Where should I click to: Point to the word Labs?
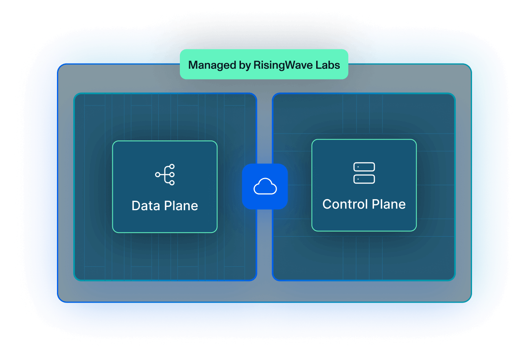tap(327, 65)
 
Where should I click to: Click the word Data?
tap(145, 206)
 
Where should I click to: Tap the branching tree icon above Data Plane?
tap(165, 175)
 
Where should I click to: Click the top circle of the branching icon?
tap(172, 167)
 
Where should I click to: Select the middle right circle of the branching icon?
tap(172, 175)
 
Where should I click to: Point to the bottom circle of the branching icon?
tap(172, 183)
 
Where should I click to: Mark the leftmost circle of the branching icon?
tap(157, 175)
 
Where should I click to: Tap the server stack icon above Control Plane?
tap(364, 173)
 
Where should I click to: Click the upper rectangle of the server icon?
tap(364, 167)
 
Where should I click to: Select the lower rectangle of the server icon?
tap(364, 179)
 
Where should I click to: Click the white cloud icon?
tap(265, 187)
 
